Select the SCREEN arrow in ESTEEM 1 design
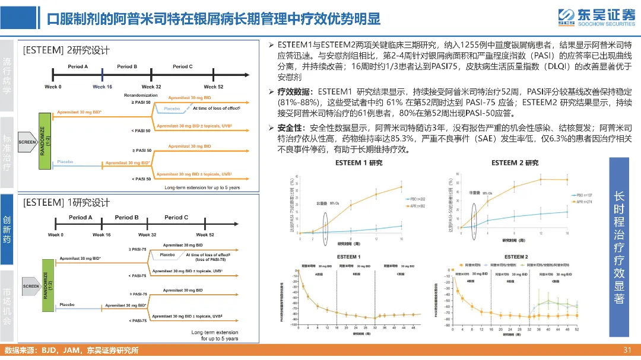tap(31, 286)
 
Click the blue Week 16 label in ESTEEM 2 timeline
tap(102, 87)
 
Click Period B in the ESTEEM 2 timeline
tap(127, 66)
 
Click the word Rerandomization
tap(141, 95)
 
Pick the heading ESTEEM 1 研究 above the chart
tap(359, 163)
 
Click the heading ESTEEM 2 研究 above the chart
tap(515, 163)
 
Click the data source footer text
tap(71, 351)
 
